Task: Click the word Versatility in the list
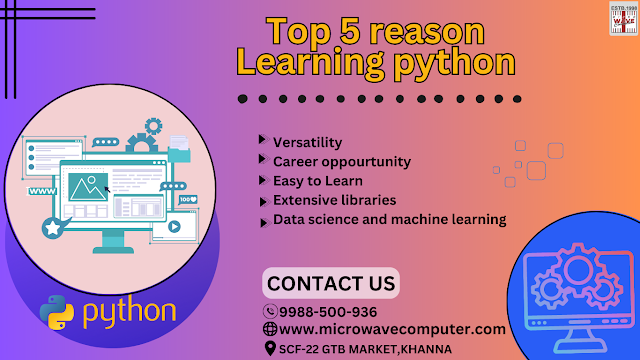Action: click(308, 143)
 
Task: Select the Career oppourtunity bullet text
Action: click(342, 162)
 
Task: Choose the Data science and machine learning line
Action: click(390, 219)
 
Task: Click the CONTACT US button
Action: click(330, 282)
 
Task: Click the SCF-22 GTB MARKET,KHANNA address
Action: click(366, 348)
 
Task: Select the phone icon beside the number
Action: click(269, 311)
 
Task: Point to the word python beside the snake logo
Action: click(129, 311)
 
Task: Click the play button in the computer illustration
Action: click(173, 226)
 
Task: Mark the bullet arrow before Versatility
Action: click(262, 142)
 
